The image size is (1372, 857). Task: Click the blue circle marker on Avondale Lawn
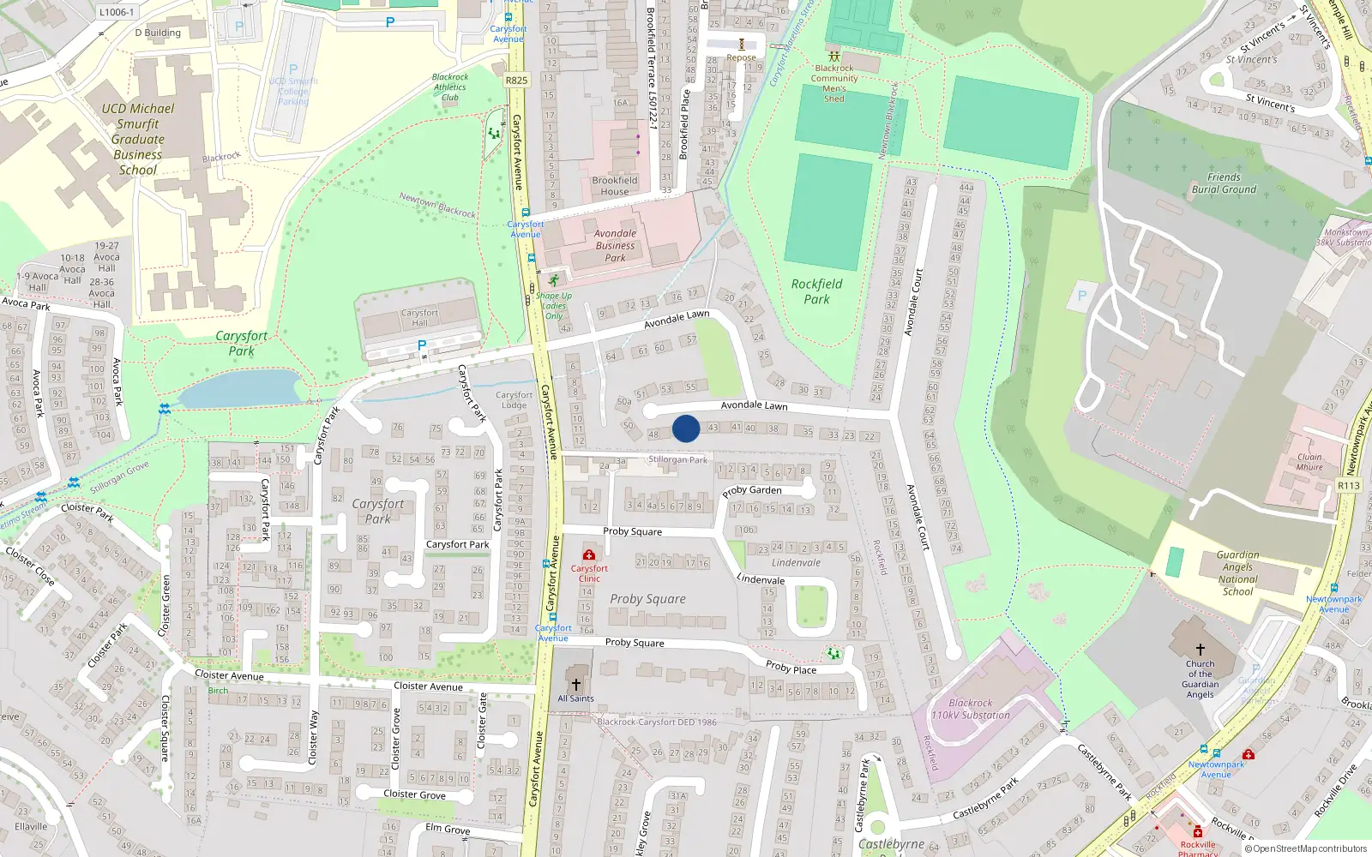click(686, 428)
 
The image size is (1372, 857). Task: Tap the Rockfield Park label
click(816, 291)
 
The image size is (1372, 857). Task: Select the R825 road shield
click(516, 81)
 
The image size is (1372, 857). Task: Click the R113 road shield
click(1349, 485)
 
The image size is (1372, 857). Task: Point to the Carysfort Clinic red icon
click(589, 555)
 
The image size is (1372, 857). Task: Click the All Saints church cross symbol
click(576, 685)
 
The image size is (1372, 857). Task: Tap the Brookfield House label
click(614, 186)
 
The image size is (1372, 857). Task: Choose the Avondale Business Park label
click(615, 245)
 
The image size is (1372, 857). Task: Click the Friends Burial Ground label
click(1224, 183)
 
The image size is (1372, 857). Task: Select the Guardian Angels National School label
click(1237, 572)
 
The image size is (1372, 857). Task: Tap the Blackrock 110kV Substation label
click(971, 709)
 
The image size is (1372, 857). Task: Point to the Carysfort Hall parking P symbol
click(421, 345)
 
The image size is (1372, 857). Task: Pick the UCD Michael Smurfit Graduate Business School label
click(137, 139)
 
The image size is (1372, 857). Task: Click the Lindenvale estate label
click(796, 563)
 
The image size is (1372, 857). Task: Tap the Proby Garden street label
click(752, 491)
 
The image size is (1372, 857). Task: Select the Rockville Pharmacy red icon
click(1198, 832)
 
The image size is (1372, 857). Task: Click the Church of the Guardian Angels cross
click(1200, 650)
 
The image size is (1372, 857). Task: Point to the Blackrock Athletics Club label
click(450, 87)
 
